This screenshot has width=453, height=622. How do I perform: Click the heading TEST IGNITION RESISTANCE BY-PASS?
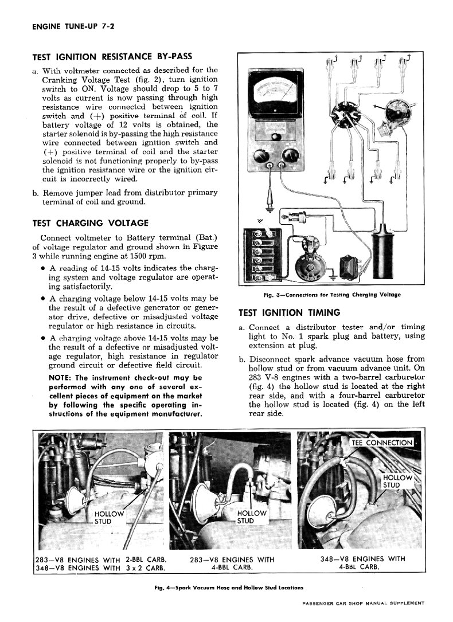coord(111,57)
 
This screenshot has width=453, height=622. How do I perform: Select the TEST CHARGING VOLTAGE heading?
coord(90,223)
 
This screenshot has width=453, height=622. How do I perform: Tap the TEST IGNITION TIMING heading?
coord(289,313)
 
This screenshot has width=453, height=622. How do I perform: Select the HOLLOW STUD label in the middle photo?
coord(251,517)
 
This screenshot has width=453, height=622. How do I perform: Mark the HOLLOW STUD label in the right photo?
coord(397,482)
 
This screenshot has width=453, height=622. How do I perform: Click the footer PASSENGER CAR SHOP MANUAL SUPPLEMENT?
coord(362,603)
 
